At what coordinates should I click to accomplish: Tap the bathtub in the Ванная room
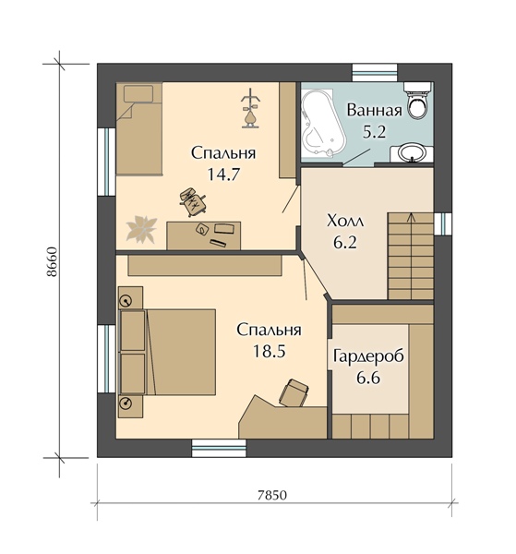coord(321,123)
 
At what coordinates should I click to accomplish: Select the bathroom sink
coord(412,153)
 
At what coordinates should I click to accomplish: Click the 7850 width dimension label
coord(272,495)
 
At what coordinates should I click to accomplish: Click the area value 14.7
coord(223,175)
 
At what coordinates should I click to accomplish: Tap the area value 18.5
coord(269,351)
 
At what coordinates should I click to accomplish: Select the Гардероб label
coord(368,356)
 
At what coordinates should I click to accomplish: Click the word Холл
coord(345,222)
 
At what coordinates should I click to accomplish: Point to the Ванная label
coord(374,111)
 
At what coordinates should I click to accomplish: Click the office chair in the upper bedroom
coord(193,201)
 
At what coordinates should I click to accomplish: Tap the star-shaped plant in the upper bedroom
coord(141,229)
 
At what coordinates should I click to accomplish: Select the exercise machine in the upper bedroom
coord(251,108)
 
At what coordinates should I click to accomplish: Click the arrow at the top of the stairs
coord(411,217)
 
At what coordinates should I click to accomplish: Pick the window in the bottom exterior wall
coord(219,448)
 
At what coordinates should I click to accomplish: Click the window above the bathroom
coord(375,73)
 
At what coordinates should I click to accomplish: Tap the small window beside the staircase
coord(443,224)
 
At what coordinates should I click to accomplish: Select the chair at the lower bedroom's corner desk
coord(294,393)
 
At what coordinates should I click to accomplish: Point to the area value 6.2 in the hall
coord(345,243)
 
